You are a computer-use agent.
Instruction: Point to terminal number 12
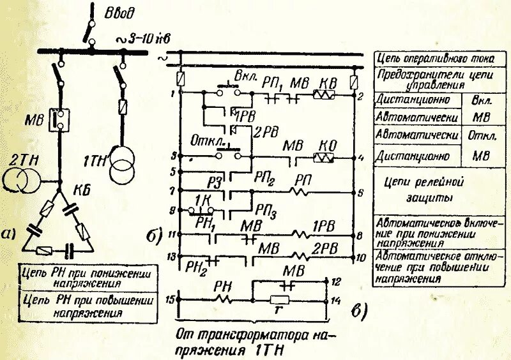click(x=338, y=281)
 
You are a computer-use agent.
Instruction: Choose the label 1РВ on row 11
click(x=324, y=226)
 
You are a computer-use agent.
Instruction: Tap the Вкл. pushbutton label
click(x=245, y=75)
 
